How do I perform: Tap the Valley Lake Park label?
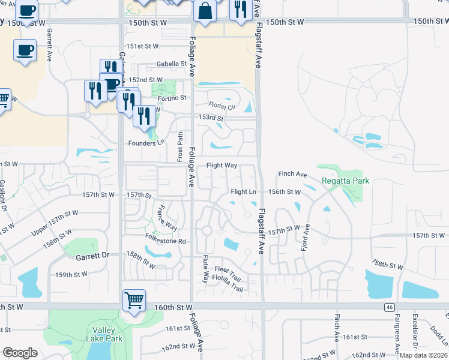tap(108, 335)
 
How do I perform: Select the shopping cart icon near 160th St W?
tap(134, 299)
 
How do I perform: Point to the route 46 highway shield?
tap(388, 307)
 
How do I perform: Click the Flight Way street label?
tap(222, 166)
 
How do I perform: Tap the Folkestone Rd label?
tap(166, 242)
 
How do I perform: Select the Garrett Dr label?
tap(92, 256)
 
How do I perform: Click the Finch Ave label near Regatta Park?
tap(292, 175)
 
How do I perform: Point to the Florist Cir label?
tap(222, 107)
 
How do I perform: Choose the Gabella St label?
tap(172, 64)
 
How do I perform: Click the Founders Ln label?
tap(146, 143)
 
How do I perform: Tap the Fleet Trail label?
tap(227, 279)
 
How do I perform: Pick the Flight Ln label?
tap(244, 192)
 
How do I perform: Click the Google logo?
tap(20, 353)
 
